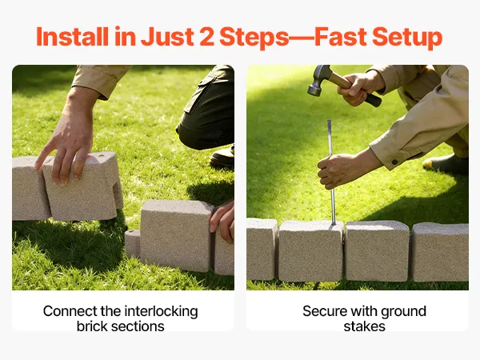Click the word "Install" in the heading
point(73,37)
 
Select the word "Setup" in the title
point(407,38)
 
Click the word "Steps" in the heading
point(254,38)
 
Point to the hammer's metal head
point(318,79)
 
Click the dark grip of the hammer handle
point(374,100)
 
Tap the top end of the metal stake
point(329,122)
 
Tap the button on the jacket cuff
point(395,162)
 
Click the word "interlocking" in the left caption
point(161,312)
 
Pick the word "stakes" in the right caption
point(364,326)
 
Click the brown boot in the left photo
point(222,157)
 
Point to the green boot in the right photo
point(446,164)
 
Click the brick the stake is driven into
point(311,251)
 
